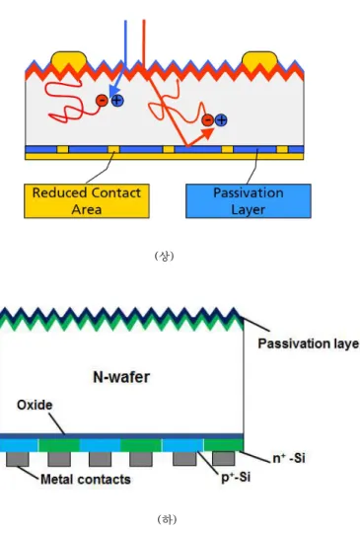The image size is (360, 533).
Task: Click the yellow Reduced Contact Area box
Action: tap(87, 201)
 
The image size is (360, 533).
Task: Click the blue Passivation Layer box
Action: tap(249, 201)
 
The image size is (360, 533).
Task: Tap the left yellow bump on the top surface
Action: tap(68, 60)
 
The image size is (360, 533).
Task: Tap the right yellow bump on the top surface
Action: tap(259, 60)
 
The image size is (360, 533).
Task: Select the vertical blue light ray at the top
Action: tap(125, 44)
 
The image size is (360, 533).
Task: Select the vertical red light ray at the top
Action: tap(144, 44)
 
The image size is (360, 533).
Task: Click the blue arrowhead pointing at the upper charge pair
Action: tap(114, 90)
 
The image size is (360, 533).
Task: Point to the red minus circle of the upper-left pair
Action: tap(102, 101)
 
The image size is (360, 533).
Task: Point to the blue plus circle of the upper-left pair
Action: tap(117, 101)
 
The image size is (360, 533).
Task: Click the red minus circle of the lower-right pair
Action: tap(207, 120)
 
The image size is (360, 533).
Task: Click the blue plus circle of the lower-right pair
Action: tap(221, 120)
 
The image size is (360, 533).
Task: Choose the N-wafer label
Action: tap(121, 377)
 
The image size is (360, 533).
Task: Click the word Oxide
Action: tap(35, 405)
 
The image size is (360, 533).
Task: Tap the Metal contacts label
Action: tap(86, 480)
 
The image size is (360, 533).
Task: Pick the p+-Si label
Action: tap(236, 478)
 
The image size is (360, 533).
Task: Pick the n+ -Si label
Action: tap(289, 458)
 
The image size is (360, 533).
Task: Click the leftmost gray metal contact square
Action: tap(18, 459)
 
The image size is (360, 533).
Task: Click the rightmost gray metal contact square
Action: tap(223, 459)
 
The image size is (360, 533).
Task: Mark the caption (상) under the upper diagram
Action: tap(164, 256)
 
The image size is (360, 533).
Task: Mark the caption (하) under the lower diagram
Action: tap(167, 519)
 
